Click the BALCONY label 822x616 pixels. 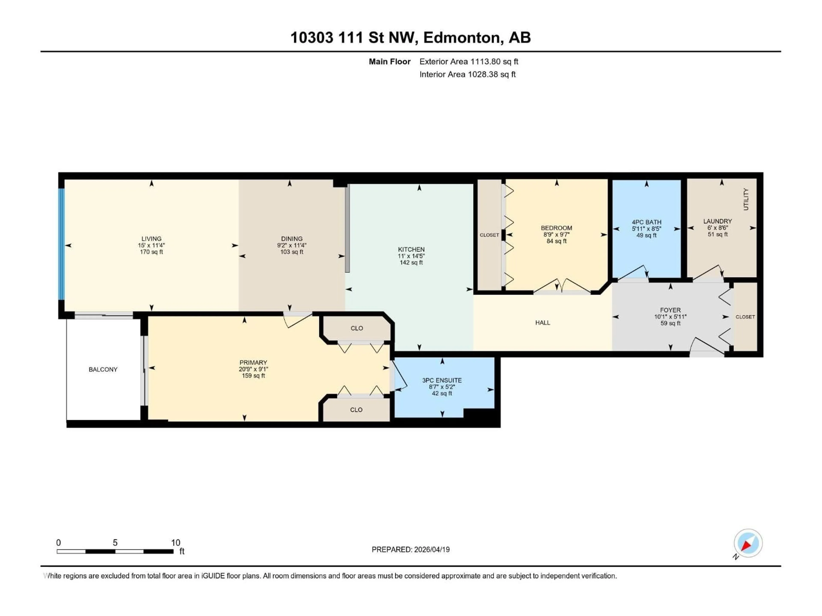click(x=103, y=369)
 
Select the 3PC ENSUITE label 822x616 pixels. click(x=442, y=380)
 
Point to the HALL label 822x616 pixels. click(x=543, y=323)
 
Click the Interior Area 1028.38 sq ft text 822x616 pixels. click(x=468, y=74)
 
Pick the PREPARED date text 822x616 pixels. click(x=411, y=549)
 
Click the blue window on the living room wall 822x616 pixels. click(x=61, y=244)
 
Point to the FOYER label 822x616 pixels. click(x=670, y=310)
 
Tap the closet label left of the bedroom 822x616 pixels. click(x=489, y=235)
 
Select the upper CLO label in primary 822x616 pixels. click(x=357, y=328)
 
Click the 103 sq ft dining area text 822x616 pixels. click(x=292, y=252)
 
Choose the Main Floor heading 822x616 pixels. click(x=389, y=62)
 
